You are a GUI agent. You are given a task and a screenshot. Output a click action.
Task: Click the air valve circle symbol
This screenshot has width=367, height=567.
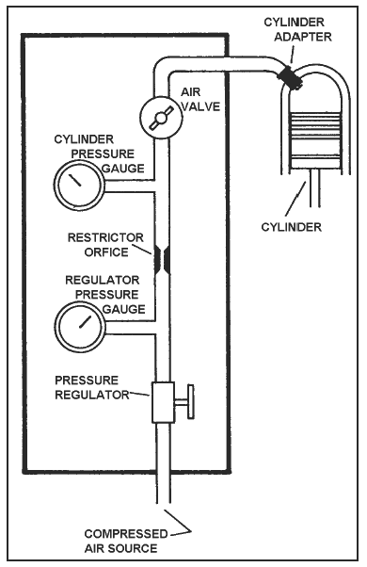tap(161, 118)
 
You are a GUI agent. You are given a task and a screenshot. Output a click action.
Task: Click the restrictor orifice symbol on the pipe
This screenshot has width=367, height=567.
tap(162, 259)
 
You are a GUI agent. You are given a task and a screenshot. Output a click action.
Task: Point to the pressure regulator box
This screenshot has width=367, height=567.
tap(163, 402)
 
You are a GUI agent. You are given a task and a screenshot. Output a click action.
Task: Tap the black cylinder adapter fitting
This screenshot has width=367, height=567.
tap(290, 77)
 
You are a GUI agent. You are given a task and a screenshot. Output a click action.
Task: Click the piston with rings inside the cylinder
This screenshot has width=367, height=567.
tap(316, 140)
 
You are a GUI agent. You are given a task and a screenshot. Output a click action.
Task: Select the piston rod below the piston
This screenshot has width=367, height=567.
tap(314, 188)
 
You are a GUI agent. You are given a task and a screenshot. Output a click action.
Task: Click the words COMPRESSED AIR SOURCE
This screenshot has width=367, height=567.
tap(126, 541)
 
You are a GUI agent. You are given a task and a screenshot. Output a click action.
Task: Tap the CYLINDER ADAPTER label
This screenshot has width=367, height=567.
tap(297, 29)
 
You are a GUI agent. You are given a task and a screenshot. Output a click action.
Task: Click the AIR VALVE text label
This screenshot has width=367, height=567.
tap(199, 100)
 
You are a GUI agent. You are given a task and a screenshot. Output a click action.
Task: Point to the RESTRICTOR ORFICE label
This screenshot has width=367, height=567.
tap(105, 245)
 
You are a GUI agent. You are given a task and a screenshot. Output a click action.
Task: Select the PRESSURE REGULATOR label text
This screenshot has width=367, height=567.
tap(92, 387)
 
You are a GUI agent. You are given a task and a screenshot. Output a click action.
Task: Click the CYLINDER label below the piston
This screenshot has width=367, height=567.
tap(291, 227)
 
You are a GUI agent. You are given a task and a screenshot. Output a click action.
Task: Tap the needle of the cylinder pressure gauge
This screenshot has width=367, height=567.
tap(76, 180)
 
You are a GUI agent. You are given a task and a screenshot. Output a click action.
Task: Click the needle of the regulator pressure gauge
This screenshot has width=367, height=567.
tap(86, 321)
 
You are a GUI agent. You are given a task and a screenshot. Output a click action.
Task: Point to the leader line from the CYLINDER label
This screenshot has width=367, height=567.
tap(295, 200)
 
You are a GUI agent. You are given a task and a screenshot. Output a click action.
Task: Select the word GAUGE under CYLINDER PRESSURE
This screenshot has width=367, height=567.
tap(123, 169)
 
